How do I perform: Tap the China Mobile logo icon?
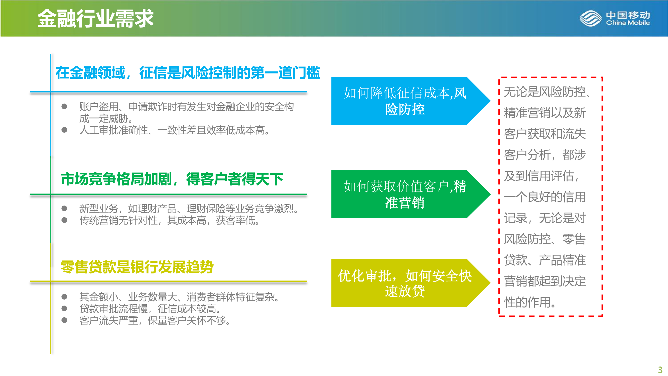click(590, 18)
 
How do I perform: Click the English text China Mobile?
click(628, 23)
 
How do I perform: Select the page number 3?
click(660, 369)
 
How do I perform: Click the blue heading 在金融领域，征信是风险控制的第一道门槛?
click(188, 73)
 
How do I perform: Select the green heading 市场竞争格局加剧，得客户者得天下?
click(172, 179)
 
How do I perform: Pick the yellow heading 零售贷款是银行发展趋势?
click(137, 267)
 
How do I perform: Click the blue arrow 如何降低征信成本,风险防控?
click(411, 101)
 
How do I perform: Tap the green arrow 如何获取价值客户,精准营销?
click(411, 194)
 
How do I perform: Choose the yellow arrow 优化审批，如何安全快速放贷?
click(411, 283)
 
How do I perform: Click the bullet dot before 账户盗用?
click(64, 106)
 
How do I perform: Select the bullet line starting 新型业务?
click(189, 208)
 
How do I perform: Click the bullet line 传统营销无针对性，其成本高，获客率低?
click(169, 220)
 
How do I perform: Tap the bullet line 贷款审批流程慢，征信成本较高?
click(150, 309)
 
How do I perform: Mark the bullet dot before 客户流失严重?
click(64, 320)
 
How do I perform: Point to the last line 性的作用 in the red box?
click(530, 302)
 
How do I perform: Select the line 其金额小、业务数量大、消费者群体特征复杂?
click(179, 297)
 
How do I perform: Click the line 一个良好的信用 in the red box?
click(545, 197)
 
